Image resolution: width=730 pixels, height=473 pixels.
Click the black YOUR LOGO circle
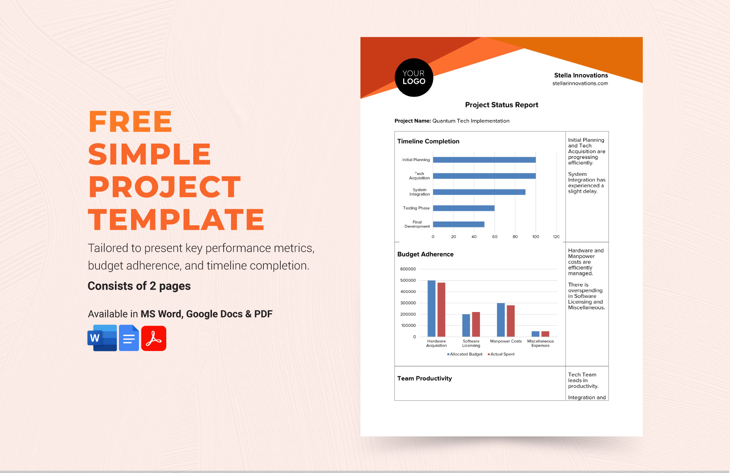[414, 78]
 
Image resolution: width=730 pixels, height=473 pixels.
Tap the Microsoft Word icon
[102, 338]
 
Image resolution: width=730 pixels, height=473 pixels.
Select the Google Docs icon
[129, 338]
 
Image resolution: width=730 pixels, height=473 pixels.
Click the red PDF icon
[154, 339]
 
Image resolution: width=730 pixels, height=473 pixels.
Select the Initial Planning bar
[484, 160]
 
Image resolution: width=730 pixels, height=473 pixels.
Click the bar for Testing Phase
[464, 208]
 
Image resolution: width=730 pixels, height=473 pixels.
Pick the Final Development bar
[458, 224]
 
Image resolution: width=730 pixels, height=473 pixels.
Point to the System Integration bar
[479, 192]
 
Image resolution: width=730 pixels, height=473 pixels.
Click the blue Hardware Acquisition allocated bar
[431, 309]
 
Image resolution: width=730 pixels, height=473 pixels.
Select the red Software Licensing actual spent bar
[476, 324]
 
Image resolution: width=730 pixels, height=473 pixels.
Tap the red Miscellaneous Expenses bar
[545, 334]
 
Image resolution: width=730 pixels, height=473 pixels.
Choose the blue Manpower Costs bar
[501, 320]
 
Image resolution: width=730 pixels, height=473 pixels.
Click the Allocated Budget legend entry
[465, 354]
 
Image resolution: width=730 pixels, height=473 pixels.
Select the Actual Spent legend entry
[501, 354]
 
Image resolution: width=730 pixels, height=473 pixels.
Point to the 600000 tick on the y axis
[408, 269]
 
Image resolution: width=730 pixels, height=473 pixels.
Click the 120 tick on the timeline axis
[556, 237]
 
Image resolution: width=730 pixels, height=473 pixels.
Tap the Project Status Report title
[501, 105]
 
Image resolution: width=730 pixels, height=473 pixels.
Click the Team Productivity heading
[424, 378]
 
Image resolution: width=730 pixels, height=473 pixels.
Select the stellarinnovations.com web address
[580, 83]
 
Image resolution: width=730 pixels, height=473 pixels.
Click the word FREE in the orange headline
[130, 122]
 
